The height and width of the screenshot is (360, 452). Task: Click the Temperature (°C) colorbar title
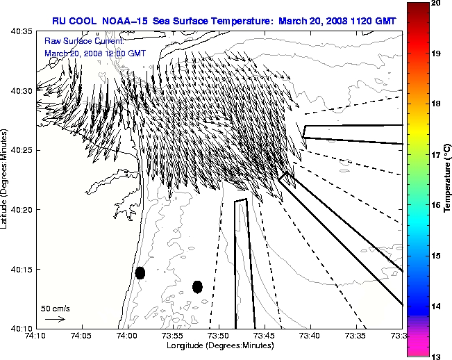pyautogui.click(x=448, y=179)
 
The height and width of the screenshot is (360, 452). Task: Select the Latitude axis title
pyautogui.click(x=5, y=179)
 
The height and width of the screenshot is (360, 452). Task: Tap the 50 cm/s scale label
pyautogui.click(x=56, y=308)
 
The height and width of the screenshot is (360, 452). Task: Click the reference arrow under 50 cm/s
pyautogui.click(x=55, y=320)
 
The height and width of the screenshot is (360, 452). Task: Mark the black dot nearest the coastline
pyautogui.click(x=140, y=272)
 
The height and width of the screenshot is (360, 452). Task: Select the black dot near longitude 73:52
pyautogui.click(x=197, y=286)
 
